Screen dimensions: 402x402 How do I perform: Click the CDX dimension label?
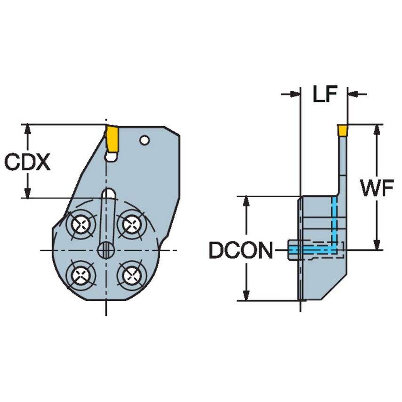coord(27,162)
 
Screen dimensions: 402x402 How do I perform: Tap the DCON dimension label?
coord(241,251)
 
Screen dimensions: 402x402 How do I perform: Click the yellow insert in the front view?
coord(112,138)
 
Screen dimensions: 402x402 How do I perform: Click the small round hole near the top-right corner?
coord(145,140)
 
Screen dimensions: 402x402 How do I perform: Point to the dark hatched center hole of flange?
coord(106,250)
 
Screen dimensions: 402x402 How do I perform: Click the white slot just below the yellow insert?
coord(111,157)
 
